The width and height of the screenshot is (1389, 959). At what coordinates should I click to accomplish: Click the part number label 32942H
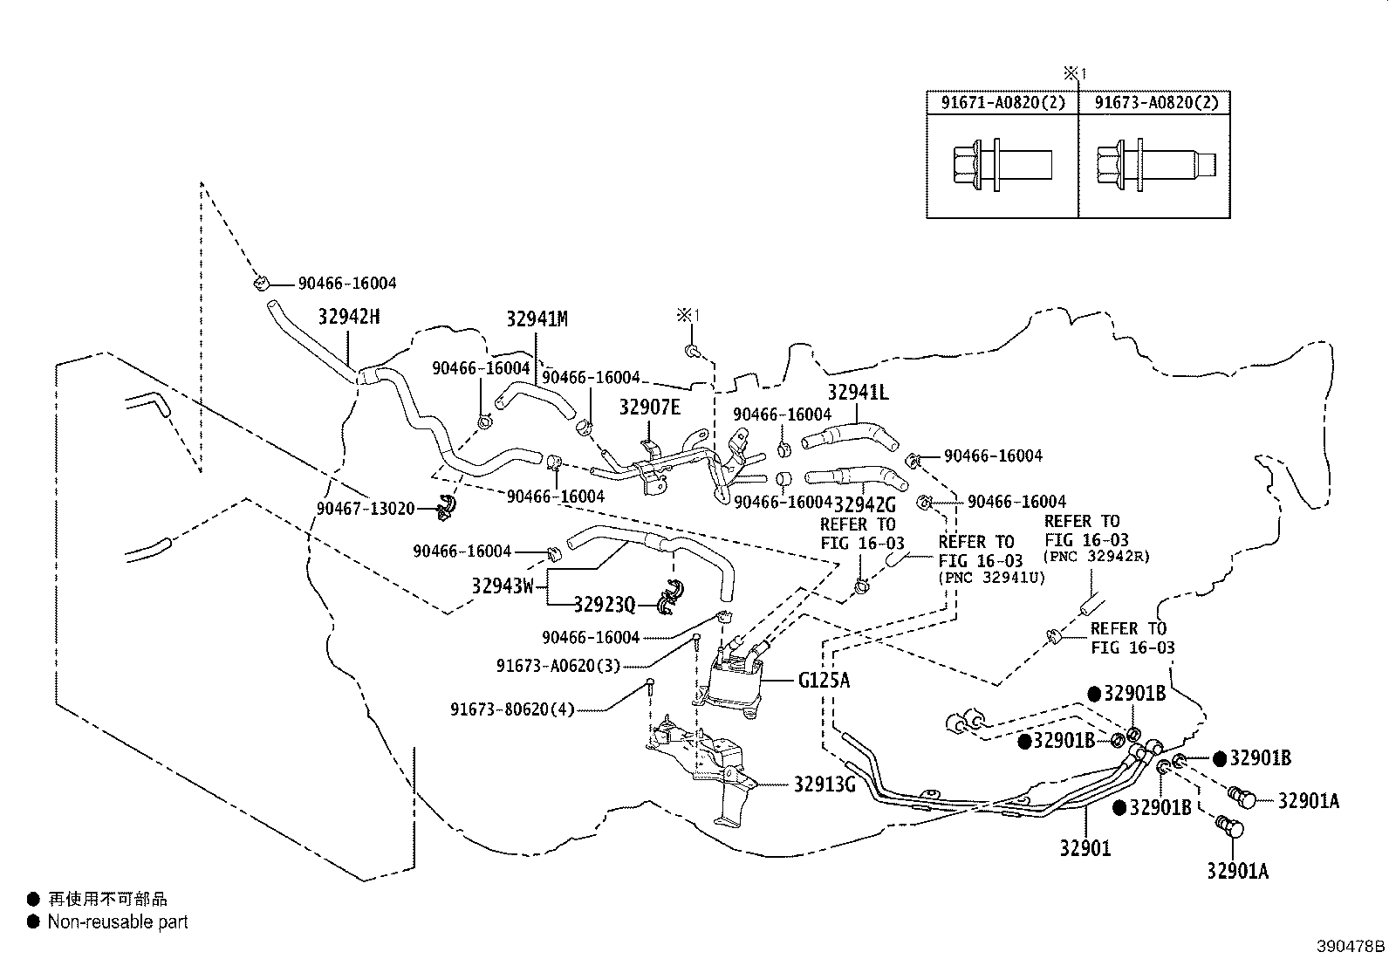[348, 317]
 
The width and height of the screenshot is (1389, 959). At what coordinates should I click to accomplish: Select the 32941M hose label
[537, 319]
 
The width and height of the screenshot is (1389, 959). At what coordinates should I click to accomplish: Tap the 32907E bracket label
[649, 408]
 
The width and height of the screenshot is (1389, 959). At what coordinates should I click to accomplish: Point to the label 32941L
[858, 393]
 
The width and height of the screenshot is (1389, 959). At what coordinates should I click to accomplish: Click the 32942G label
[865, 504]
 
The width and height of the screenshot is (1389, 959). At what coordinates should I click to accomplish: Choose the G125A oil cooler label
[823, 680]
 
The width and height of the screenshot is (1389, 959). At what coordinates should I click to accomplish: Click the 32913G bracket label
[824, 784]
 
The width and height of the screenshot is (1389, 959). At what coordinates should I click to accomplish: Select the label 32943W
[502, 586]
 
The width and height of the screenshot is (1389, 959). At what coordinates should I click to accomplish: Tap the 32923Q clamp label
[604, 604]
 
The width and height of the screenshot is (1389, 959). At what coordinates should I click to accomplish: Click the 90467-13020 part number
[365, 509]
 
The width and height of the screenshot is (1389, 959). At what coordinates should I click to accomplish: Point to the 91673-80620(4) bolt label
[512, 709]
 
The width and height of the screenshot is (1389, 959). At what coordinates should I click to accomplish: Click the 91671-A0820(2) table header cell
[1002, 103]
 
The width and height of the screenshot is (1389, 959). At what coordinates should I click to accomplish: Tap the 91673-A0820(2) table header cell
[1155, 103]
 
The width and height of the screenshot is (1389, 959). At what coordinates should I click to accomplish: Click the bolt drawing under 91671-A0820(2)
[1000, 163]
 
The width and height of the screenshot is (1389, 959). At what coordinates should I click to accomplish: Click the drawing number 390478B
[1351, 946]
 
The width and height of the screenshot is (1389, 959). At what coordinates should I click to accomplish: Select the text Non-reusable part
[118, 921]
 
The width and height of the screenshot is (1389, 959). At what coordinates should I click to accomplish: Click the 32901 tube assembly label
[1085, 847]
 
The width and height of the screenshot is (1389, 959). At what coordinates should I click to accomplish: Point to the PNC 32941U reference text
[991, 577]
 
